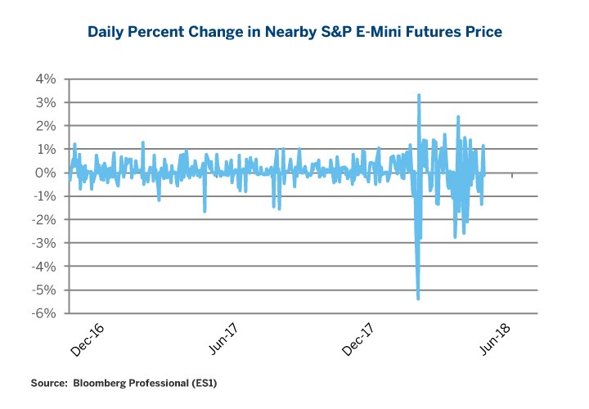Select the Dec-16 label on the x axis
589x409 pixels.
click(87, 338)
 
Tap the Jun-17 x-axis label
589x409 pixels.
click(223, 338)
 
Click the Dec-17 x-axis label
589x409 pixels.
click(360, 338)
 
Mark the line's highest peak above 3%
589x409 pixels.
click(419, 95)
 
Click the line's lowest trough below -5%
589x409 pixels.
click(418, 299)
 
